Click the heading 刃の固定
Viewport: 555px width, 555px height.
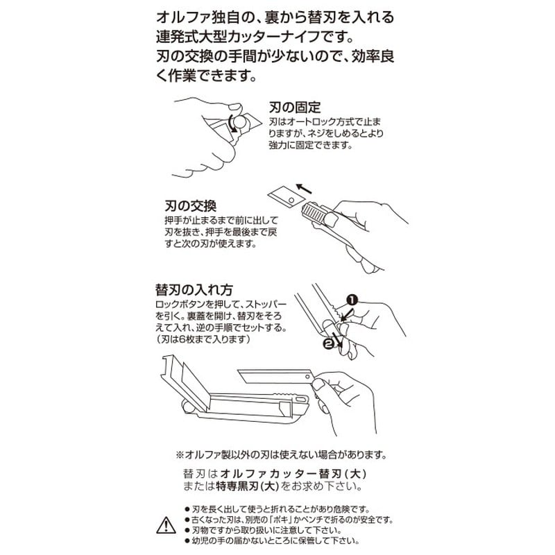pyautogui.click(x=296, y=108)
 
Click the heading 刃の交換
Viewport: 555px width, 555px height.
pyautogui.click(x=191, y=206)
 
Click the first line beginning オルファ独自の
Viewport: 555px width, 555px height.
pyautogui.click(x=276, y=16)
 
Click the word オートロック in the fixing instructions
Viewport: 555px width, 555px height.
pyautogui.click(x=305, y=121)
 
